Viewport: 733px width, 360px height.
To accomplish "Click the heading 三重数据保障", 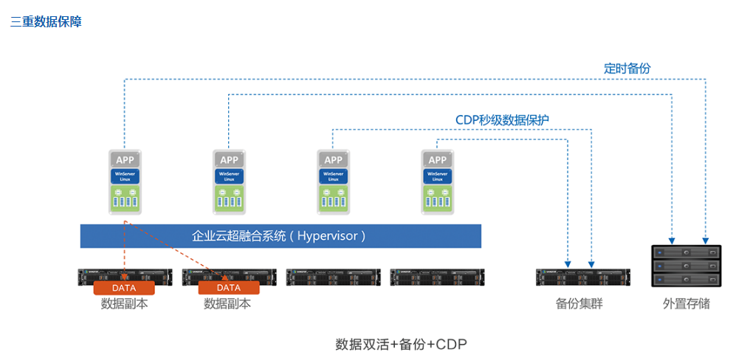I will (x=46, y=22).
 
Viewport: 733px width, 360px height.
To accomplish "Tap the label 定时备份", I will (x=627, y=69).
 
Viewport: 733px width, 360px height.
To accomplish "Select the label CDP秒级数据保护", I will (x=501, y=120).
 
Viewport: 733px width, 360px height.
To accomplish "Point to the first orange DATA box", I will (x=124, y=288).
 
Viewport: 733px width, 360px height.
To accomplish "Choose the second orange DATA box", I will (x=229, y=288).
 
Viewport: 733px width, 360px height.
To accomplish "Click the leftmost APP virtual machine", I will (x=125, y=181).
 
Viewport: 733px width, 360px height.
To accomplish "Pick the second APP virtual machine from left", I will (x=229, y=181).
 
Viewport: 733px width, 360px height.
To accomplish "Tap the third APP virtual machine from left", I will (x=334, y=181).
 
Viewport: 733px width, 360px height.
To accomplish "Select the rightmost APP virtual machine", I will (x=438, y=181).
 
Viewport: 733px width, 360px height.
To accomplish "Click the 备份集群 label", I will (x=579, y=303).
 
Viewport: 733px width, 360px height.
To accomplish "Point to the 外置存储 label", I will (x=686, y=303).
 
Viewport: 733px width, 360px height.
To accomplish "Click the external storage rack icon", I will (x=686, y=266).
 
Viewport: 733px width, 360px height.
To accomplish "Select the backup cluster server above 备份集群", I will (x=579, y=277).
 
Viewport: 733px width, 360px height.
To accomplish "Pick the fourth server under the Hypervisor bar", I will (x=436, y=277).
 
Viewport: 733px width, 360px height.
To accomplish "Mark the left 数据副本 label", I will (x=124, y=303).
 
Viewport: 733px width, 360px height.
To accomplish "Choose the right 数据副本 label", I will (x=227, y=303).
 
